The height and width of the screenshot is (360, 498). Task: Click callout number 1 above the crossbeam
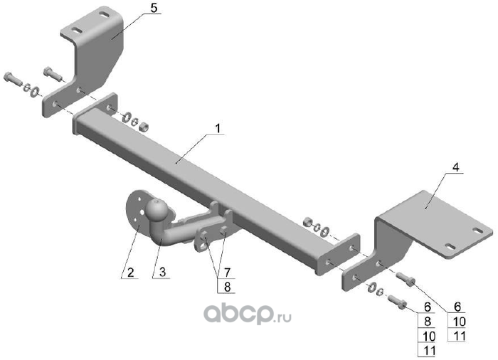point(218,129)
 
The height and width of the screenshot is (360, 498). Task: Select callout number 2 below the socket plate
point(130,272)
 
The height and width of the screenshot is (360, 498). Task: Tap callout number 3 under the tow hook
point(162,272)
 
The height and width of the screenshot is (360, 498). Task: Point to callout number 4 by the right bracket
point(456,167)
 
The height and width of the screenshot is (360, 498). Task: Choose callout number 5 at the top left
point(154,9)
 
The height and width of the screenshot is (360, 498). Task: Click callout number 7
point(227,272)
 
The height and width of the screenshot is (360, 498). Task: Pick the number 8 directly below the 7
point(227,287)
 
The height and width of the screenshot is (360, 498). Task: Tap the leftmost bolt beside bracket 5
point(13,80)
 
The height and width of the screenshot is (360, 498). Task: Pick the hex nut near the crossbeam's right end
point(307,222)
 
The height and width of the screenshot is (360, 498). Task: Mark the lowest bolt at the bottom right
point(397,302)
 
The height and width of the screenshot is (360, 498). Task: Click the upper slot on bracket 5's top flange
point(105,15)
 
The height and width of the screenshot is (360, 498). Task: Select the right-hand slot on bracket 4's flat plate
point(477,230)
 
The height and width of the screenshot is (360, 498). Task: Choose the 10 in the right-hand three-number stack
point(460,322)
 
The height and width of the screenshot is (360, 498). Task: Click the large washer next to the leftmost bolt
point(34,92)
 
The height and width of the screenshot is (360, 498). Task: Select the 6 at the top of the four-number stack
point(428,307)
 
